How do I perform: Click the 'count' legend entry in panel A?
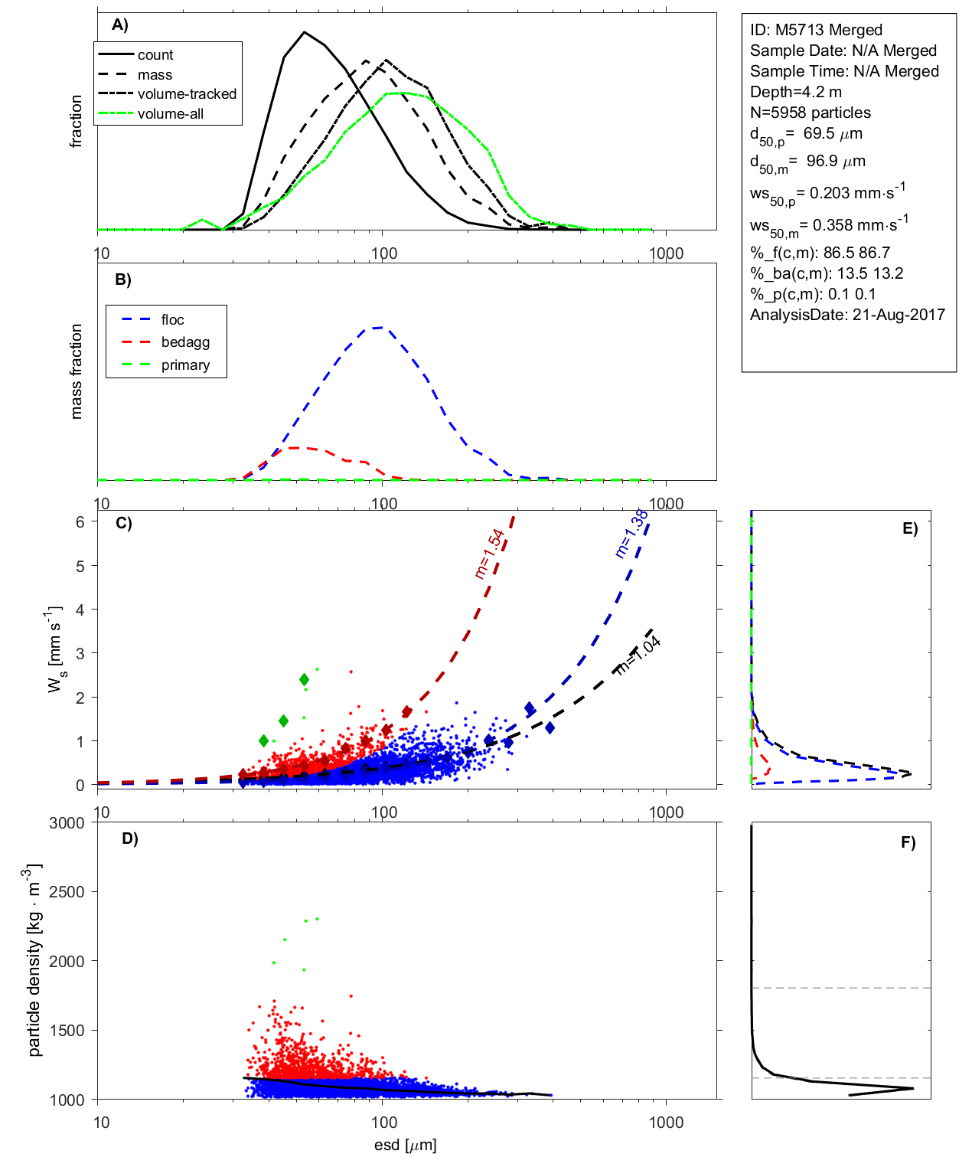pyautogui.click(x=155, y=55)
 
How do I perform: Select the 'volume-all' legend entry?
pyautogui.click(x=170, y=114)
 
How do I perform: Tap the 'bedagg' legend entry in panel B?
pyautogui.click(x=185, y=342)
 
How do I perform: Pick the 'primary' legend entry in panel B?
pyautogui.click(x=185, y=365)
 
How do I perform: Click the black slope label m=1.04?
pyautogui.click(x=638, y=656)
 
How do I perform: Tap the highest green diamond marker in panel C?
pyautogui.click(x=305, y=680)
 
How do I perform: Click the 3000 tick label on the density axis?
pyautogui.click(x=67, y=823)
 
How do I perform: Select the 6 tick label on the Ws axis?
pyautogui.click(x=80, y=521)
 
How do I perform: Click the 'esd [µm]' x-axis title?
pyautogui.click(x=405, y=1146)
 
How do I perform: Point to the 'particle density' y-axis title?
pyautogui.click(x=34, y=960)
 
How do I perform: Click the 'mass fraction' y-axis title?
pyautogui.click(x=76, y=371)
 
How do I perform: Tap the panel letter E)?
pyautogui.click(x=909, y=528)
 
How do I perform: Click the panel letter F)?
pyautogui.click(x=908, y=842)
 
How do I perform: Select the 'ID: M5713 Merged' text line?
pyautogui.click(x=816, y=30)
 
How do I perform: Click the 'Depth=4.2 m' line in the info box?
pyautogui.click(x=796, y=92)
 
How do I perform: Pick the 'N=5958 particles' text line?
pyautogui.click(x=811, y=113)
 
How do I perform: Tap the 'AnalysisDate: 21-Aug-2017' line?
pyautogui.click(x=847, y=315)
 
